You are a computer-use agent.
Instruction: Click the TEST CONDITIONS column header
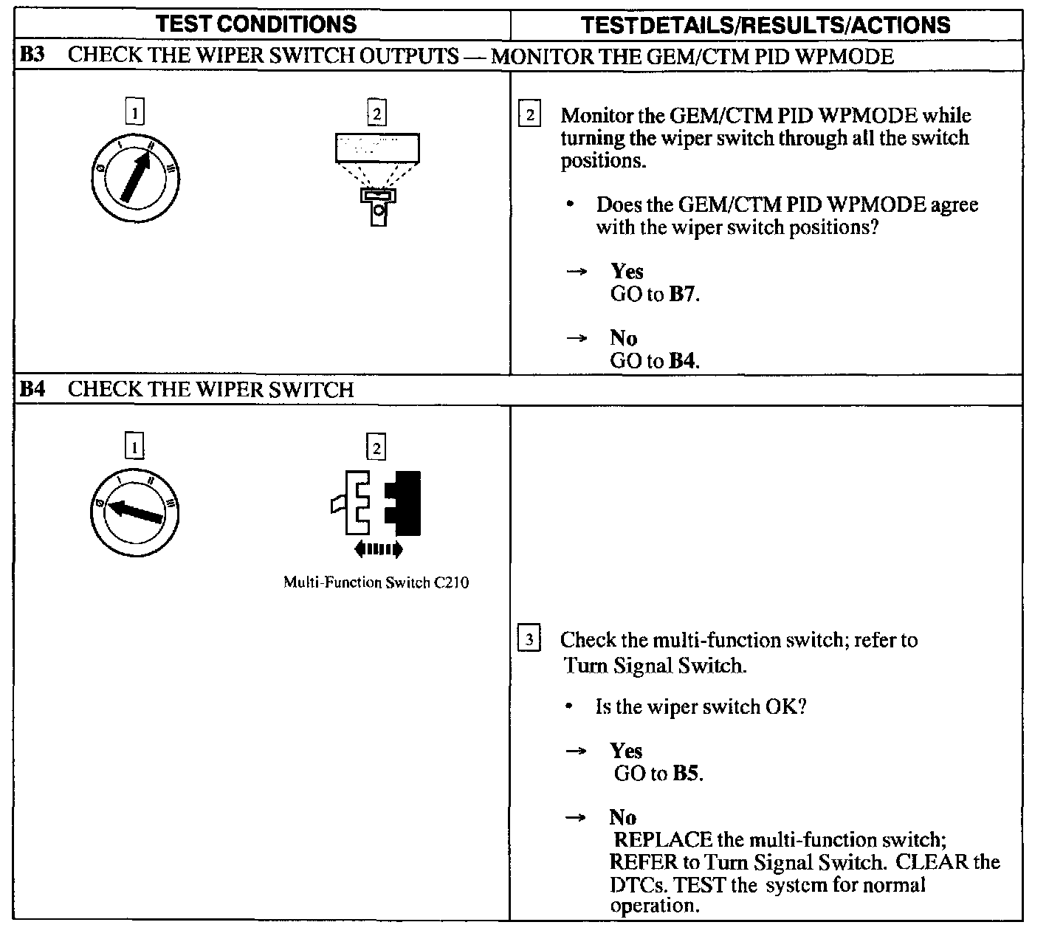point(256,24)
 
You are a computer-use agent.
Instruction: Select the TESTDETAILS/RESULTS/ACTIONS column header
point(766,25)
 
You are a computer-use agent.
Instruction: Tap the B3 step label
point(31,56)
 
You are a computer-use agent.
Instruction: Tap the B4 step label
point(31,389)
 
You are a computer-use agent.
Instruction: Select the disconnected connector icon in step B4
point(377,503)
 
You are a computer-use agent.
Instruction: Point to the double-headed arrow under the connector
point(378,548)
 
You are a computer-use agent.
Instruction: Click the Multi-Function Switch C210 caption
point(376,582)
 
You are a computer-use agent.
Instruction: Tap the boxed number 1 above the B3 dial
point(134,113)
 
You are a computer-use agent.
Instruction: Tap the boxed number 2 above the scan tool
point(376,113)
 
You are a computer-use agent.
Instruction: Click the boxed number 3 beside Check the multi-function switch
point(529,639)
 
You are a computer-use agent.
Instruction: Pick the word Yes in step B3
point(627,272)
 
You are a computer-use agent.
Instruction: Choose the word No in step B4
point(622,817)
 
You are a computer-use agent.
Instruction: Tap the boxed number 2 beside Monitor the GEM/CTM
point(529,115)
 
